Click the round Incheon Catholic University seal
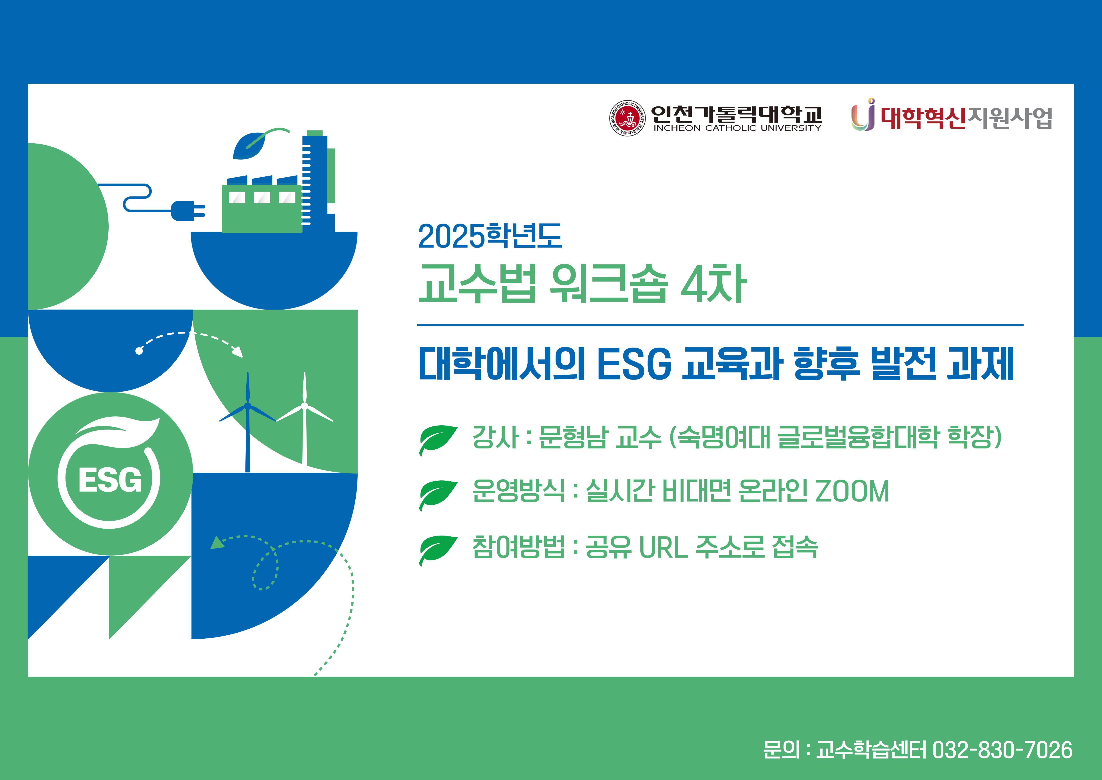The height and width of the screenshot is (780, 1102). (x=627, y=118)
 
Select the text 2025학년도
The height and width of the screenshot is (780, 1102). (x=490, y=236)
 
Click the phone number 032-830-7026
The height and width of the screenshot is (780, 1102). (x=1002, y=750)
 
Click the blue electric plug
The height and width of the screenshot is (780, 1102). (x=188, y=211)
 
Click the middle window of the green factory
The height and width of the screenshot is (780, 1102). (x=262, y=197)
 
